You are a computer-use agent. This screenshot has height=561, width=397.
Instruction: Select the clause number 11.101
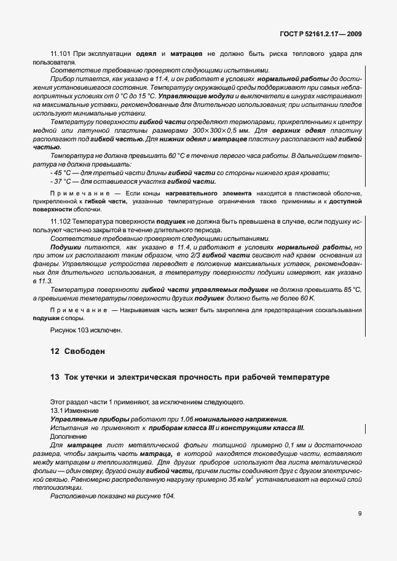pyautogui.click(x=61, y=54)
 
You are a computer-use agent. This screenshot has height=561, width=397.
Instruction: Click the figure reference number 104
pyautogui.click(x=169, y=495)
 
